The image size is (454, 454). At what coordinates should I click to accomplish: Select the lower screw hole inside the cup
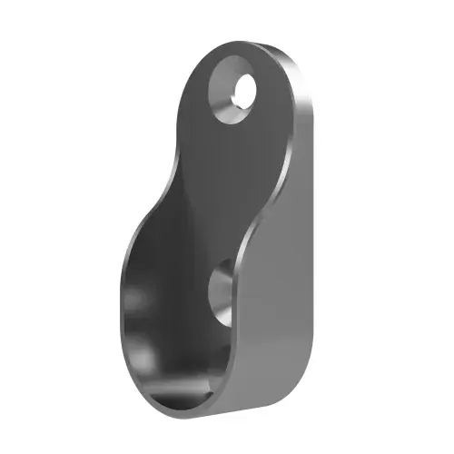[x=222, y=292]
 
